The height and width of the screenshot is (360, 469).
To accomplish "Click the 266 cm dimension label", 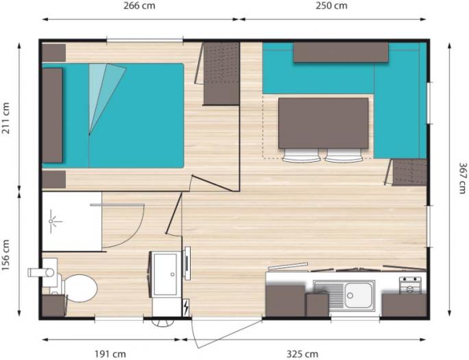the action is coord(139,5).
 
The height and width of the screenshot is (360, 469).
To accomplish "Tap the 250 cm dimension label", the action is coord(331,5).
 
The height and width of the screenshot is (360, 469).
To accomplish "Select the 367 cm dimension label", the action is coord(462,178).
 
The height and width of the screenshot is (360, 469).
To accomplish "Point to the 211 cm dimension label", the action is coord(5,118).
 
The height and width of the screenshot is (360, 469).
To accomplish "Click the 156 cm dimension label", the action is coord(5,255).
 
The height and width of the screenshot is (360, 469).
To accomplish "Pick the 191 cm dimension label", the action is coord(110,355).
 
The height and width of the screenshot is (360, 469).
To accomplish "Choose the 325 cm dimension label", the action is coord(302,355).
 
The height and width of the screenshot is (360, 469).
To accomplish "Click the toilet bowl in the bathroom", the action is coord(80,288).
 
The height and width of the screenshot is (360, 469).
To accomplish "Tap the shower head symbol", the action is coord(55,221).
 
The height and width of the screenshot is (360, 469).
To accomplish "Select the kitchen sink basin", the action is coord(359,295).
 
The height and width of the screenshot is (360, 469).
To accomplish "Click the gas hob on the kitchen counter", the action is coord(410,285).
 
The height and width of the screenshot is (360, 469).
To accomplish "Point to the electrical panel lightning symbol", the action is coord(186,307).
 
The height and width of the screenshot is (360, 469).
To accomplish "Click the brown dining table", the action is coord(324,123).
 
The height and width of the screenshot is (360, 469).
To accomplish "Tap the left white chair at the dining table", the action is coord(301,156).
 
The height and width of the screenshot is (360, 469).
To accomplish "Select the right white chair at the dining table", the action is coord(344,156).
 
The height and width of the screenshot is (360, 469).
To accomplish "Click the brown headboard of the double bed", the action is coord(52,115).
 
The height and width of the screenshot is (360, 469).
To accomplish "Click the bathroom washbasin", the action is coord(165,274).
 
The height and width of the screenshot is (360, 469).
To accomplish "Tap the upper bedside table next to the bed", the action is coord(54,53).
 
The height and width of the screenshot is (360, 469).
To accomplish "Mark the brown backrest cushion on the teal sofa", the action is coord(341,52).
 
